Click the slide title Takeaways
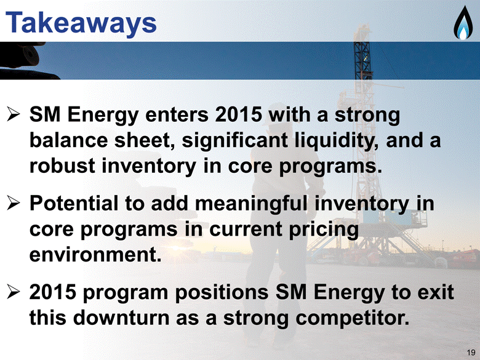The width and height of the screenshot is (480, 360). pos(81,23)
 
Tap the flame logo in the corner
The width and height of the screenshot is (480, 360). pos(463,23)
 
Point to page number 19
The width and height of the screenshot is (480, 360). pos(471,352)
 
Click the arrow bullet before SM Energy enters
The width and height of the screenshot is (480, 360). pos(14,116)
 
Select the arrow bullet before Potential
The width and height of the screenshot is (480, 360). pos(14,204)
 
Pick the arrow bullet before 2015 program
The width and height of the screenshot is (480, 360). pos(14,293)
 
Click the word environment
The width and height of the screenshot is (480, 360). pos(95,254)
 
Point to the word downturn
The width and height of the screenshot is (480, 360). pos(121,318)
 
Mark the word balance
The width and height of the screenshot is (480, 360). pos(68,140)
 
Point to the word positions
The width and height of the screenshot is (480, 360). pos(222,293)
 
